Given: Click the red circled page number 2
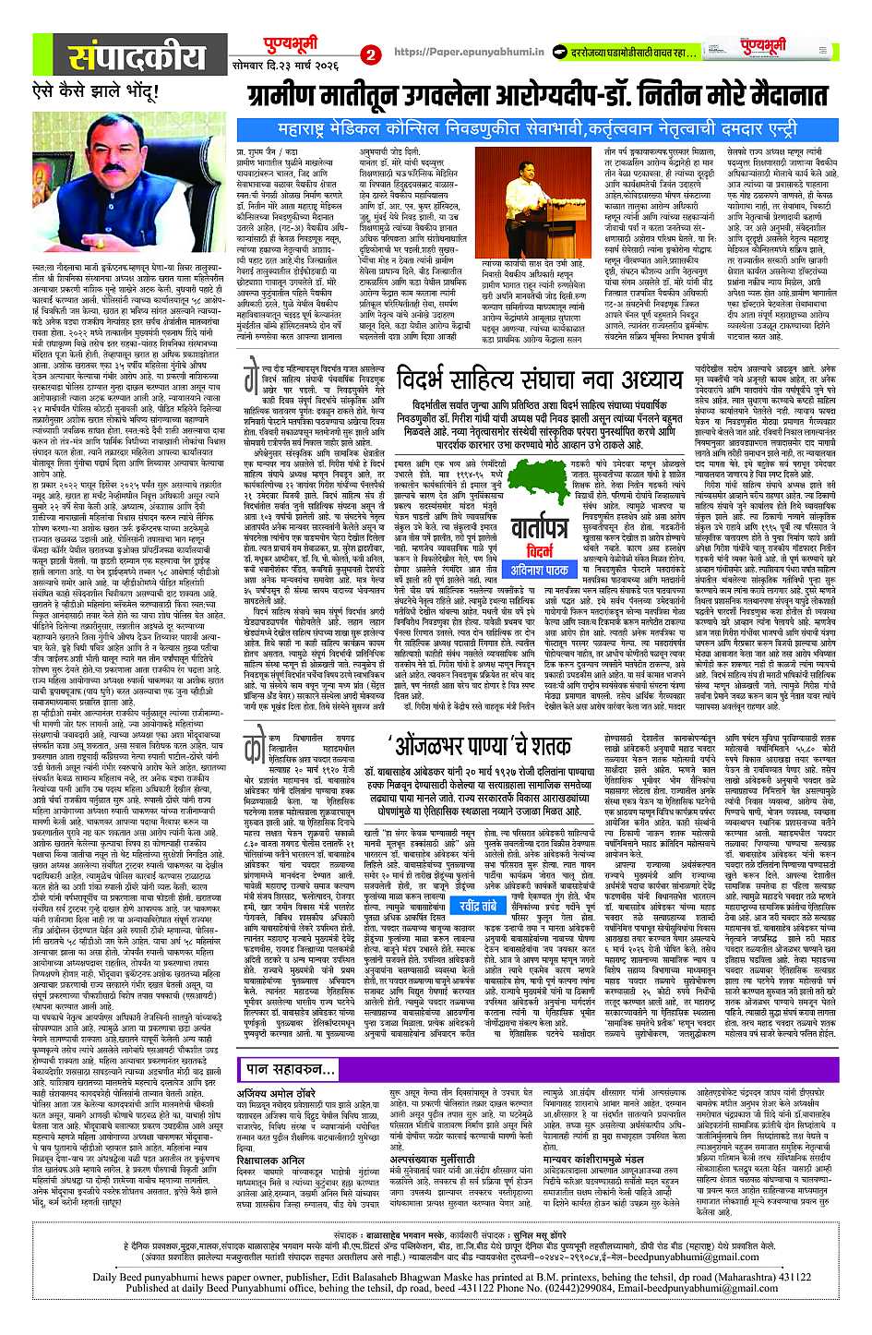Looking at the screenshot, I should (x=371, y=54).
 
